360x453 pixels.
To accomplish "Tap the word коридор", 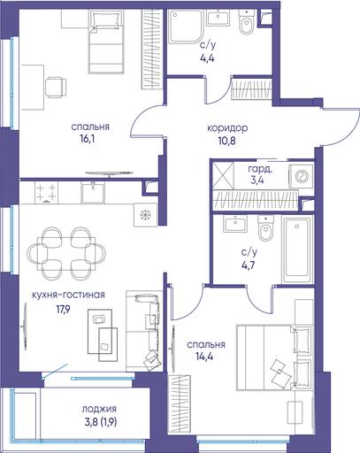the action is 227,128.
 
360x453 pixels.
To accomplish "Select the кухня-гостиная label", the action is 68,295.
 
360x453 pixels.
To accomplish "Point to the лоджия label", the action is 99,409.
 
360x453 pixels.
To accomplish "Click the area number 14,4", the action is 204,357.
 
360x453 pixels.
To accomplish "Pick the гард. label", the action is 260,170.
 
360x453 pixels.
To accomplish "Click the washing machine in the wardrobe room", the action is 301,176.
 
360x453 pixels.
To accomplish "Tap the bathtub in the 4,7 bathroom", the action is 297,250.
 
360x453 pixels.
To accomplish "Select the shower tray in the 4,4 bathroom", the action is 186,27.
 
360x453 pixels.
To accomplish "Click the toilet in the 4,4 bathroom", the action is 246,22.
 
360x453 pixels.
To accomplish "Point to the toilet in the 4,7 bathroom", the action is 266,227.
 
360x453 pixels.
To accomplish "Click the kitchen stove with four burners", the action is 46,192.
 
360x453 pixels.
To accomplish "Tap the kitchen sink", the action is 93,192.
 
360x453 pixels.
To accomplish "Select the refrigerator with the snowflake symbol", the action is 145,215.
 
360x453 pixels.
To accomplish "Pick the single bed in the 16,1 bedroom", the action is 106,42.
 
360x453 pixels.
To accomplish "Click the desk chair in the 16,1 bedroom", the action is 56,88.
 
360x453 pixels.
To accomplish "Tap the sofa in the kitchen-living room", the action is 144,331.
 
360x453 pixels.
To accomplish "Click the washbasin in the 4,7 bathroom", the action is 235,224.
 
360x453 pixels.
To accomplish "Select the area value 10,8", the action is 227,141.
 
